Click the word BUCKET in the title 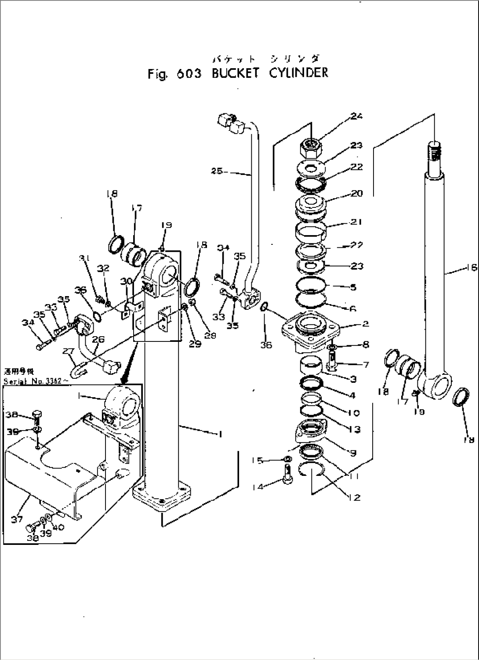(x=236, y=73)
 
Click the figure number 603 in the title (x=189, y=74)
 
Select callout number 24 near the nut (x=356, y=116)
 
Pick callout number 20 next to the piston (x=357, y=193)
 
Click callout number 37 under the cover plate (x=17, y=519)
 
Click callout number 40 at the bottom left (x=58, y=528)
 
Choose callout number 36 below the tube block (x=266, y=345)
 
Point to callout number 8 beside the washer (x=366, y=345)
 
